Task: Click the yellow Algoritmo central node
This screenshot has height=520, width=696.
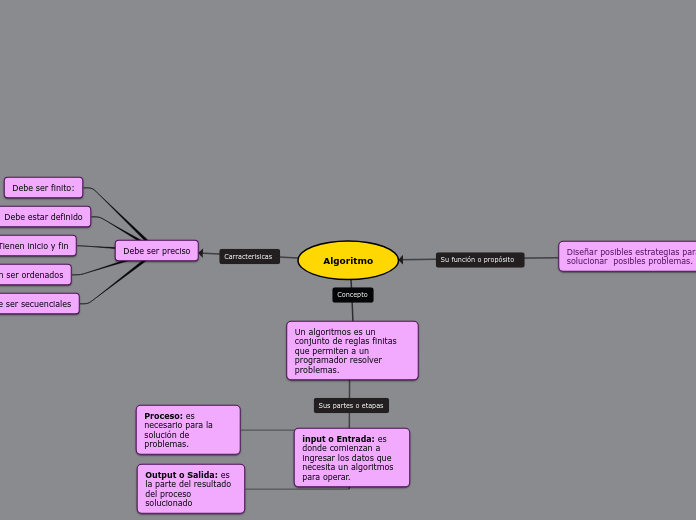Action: (x=348, y=261)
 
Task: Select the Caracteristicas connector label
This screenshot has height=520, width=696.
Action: (x=249, y=257)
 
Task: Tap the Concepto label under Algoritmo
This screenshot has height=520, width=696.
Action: (x=352, y=295)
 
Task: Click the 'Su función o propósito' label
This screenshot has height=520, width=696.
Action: (x=479, y=260)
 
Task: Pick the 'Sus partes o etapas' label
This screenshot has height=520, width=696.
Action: (x=351, y=406)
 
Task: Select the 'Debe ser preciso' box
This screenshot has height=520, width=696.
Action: (x=156, y=251)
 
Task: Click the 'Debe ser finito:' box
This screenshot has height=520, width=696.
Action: (x=43, y=188)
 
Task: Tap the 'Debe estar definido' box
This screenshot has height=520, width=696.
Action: (x=44, y=217)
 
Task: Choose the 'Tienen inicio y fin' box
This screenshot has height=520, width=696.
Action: (x=35, y=246)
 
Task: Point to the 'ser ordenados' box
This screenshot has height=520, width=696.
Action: (x=34, y=275)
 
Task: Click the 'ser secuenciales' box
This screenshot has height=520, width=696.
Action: (x=37, y=304)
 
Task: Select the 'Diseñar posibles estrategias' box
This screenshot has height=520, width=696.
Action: (x=628, y=257)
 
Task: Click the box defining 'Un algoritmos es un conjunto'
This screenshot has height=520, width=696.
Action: (x=352, y=350)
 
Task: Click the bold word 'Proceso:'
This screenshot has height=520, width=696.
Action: (x=163, y=416)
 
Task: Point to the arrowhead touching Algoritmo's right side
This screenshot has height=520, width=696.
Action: (x=402, y=261)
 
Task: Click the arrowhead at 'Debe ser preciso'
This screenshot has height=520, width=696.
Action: (x=201, y=253)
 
